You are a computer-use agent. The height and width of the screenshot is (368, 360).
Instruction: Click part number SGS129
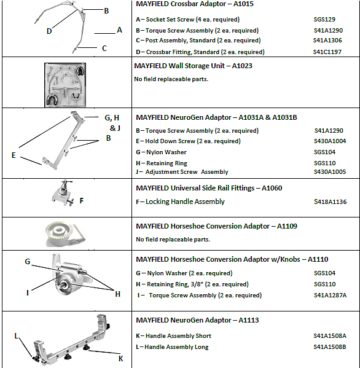coord(324,19)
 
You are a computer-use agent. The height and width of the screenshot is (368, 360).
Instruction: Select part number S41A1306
coord(327,41)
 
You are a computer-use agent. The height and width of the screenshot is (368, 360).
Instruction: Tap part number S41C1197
coord(327,52)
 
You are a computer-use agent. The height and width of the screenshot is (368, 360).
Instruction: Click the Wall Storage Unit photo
coord(65,85)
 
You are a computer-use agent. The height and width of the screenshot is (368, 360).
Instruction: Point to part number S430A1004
coord(330,141)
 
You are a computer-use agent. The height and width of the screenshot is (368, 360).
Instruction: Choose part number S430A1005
coord(330,172)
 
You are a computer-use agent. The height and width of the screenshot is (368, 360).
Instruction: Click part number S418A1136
coord(330,202)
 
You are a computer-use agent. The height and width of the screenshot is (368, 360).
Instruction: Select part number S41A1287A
coord(330,296)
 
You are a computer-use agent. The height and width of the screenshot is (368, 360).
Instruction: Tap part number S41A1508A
coord(330,336)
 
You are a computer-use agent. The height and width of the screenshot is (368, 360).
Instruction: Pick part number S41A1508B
coord(330,347)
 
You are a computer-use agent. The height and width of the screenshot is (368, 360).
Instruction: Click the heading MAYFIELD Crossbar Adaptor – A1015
coord(195,4)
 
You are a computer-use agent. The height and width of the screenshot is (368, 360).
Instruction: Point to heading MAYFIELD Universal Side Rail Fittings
coord(195,188)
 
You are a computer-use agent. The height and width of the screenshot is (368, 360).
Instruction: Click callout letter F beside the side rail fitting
coord(82,201)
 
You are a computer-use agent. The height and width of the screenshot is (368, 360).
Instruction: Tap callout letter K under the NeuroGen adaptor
coord(120,359)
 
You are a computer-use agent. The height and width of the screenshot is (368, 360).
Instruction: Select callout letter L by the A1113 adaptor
coord(16,336)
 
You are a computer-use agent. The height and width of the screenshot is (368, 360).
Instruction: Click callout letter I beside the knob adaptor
coord(28,292)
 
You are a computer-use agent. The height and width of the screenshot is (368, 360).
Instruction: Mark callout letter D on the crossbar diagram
coord(49,31)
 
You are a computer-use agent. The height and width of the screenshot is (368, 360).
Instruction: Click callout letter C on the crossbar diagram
coord(104,49)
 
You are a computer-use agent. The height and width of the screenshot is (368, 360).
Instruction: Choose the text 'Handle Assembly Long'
coord(176,347)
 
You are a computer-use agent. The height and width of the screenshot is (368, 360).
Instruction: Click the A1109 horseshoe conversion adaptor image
coord(65,233)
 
